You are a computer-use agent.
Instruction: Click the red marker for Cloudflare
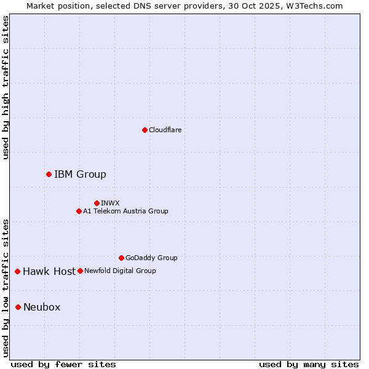145,130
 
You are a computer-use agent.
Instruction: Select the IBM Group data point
49,174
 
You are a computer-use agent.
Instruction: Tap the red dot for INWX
97,203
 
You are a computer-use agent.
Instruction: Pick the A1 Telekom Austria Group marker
79,211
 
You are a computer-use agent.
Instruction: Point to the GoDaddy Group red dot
121,258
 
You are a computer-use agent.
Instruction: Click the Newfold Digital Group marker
80,271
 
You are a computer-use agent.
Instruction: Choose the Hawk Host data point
17,271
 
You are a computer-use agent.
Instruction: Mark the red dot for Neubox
18,307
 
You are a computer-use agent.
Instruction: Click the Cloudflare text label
165,130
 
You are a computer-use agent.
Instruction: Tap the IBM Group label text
80,175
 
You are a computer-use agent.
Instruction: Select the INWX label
110,203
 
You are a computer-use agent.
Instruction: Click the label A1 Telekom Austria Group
125,211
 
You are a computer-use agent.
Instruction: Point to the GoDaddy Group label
151,258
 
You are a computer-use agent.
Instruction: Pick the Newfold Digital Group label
120,271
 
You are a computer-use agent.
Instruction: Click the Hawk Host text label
49,271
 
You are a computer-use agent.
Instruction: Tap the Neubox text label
42,307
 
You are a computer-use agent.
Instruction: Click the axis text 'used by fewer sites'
63,364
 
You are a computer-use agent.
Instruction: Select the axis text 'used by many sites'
309,364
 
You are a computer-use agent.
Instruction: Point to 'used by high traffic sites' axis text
6,87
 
